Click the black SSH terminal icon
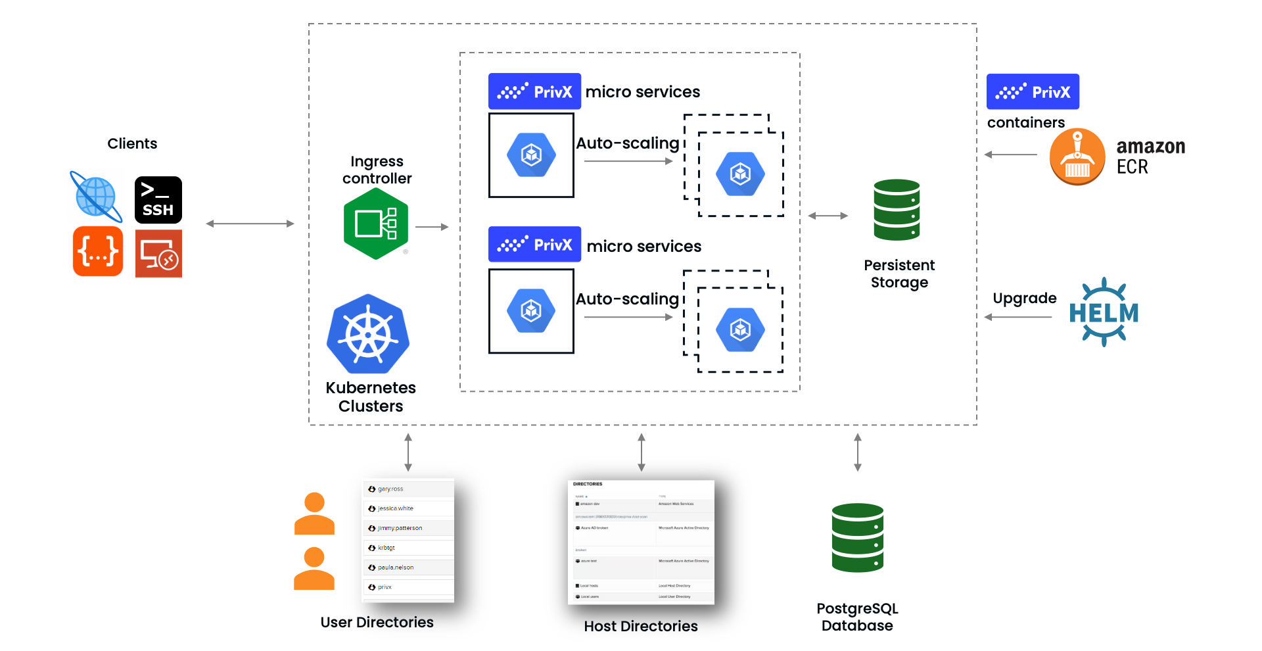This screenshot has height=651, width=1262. (158, 200)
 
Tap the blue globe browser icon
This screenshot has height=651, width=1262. (96, 197)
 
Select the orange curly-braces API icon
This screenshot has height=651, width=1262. (98, 251)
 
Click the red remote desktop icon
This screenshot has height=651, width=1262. (158, 254)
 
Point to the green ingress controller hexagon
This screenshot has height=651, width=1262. (376, 224)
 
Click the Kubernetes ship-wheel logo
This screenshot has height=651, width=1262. (368, 335)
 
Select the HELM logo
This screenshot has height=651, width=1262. (1104, 312)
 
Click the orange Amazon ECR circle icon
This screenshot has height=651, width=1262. (1077, 157)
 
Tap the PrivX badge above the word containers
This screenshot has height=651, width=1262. (1033, 91)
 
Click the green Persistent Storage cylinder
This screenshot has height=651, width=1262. (897, 210)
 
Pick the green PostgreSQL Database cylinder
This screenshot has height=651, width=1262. (857, 538)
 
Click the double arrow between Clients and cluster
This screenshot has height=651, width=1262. (250, 224)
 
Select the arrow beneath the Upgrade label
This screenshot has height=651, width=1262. (1018, 317)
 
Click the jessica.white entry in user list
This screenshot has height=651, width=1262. (396, 508)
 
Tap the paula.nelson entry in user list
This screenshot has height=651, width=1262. (396, 567)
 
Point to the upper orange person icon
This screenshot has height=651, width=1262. (314, 514)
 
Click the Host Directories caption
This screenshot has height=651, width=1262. (640, 626)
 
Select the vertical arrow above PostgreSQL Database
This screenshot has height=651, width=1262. (857, 452)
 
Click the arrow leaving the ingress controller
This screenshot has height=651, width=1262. (432, 227)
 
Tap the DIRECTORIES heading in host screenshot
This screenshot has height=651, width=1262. (588, 484)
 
